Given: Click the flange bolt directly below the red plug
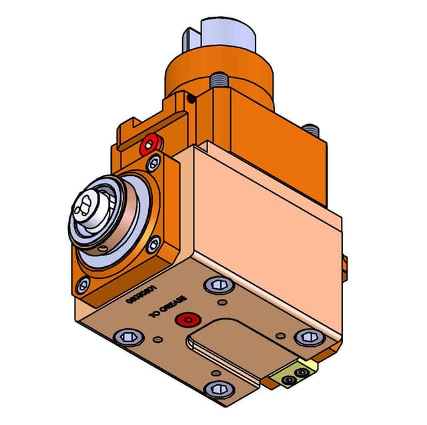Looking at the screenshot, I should [x=153, y=162].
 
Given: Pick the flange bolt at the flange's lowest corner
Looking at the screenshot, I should [x=82, y=286].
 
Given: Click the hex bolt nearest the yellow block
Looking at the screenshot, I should [x=306, y=337].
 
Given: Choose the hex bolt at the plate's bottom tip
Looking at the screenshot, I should [x=218, y=389].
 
